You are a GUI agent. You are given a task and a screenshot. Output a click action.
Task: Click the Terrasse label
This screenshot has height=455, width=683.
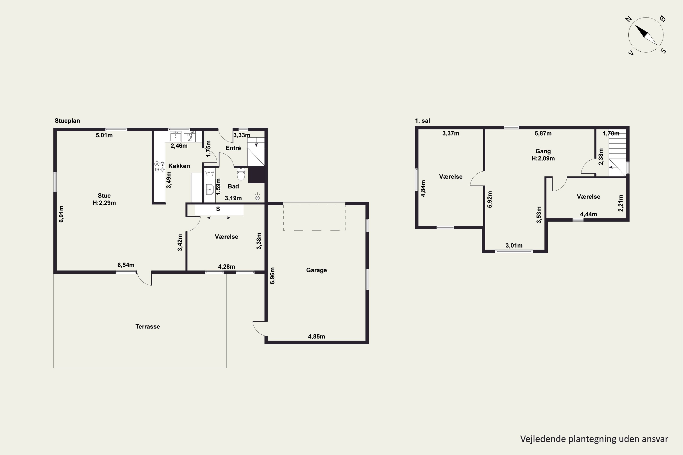tap(148, 326)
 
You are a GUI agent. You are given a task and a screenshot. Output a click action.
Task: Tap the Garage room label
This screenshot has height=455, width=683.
tap(316, 270)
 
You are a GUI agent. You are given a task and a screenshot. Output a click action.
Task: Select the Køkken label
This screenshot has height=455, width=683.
tap(179, 166)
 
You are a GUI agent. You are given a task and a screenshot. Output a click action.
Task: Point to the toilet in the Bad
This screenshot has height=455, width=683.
tap(241, 174)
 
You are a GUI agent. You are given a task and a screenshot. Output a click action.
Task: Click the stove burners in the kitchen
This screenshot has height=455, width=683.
tap(159, 166)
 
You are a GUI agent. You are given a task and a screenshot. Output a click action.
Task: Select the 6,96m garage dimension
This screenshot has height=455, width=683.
tap(272, 276)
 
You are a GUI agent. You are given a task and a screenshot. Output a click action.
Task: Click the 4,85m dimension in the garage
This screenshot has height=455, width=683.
tap(316, 337)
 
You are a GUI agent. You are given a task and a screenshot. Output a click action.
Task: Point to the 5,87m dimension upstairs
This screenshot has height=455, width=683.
tap(543, 134)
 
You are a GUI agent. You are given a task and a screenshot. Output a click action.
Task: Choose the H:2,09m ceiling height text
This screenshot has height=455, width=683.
tap(543, 158)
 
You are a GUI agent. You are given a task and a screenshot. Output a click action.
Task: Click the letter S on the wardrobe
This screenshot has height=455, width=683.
tap(218, 209)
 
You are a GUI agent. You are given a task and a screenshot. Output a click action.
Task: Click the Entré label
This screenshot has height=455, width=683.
tap(233, 148)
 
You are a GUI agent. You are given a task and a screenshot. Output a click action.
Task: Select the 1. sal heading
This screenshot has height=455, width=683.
tap(423, 121)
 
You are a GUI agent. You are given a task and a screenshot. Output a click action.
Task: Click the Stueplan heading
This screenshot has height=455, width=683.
tap(67, 121)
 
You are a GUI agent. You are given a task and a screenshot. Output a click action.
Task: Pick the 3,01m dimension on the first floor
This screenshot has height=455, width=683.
tap(514, 245)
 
